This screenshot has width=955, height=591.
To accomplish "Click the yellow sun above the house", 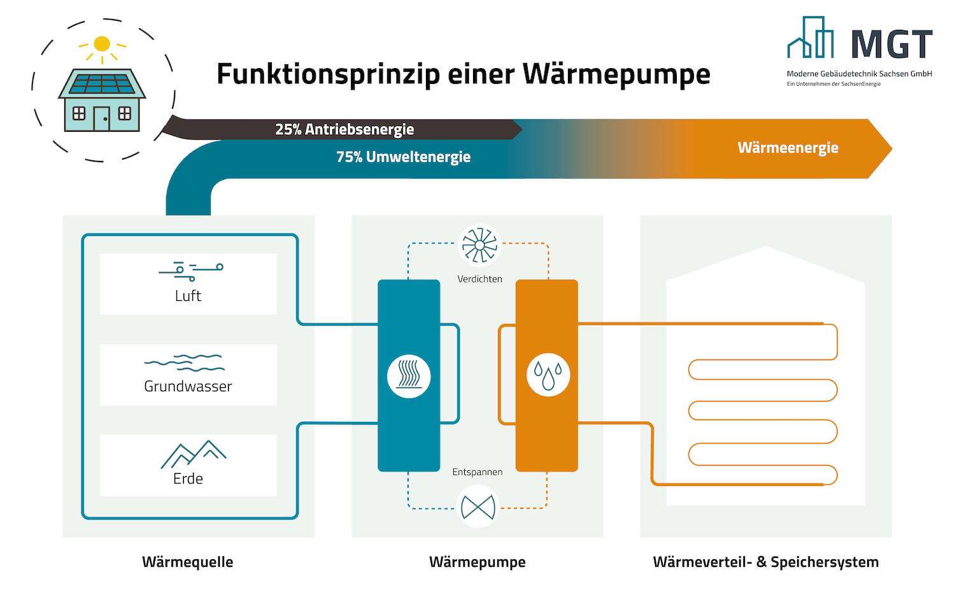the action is pyautogui.click(x=102, y=44).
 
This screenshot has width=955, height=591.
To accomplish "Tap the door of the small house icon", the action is pyautogui.click(x=102, y=118).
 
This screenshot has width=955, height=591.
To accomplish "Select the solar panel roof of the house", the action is pyautogui.click(x=102, y=83).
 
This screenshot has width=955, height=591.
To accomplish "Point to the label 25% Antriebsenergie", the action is pyautogui.click(x=344, y=129).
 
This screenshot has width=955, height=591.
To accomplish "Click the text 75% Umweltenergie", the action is pyautogui.click(x=403, y=156).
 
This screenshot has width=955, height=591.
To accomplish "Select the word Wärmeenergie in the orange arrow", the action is pyautogui.click(x=788, y=148).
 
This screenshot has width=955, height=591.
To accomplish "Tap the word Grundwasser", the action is pyautogui.click(x=188, y=386).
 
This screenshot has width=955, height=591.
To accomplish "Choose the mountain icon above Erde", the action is pyautogui.click(x=193, y=454).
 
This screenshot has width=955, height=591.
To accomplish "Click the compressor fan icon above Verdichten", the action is pyautogui.click(x=479, y=246).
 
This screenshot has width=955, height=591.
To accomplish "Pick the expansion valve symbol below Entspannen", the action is pyautogui.click(x=478, y=507).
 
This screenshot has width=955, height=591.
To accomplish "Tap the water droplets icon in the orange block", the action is pyautogui.click(x=548, y=375).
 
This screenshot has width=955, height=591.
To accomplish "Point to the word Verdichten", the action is pyautogui.click(x=479, y=279).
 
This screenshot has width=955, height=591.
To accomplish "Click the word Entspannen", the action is pyautogui.click(x=478, y=472).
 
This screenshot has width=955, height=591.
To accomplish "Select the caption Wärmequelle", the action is pyautogui.click(x=188, y=562).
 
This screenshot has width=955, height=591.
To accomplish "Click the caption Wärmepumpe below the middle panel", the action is pyautogui.click(x=478, y=562).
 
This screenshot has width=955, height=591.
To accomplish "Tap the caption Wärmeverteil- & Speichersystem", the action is pyautogui.click(x=766, y=562).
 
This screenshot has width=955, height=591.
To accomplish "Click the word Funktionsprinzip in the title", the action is pyautogui.click(x=329, y=74).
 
